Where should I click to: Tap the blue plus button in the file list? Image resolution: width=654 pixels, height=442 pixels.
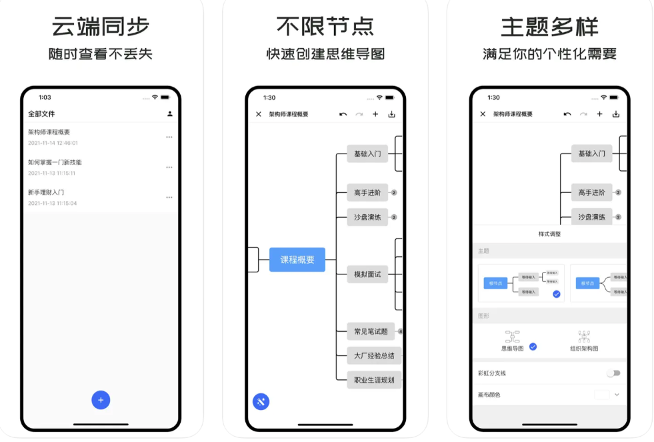point(101,400)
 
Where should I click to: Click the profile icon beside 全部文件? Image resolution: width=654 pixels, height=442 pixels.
point(170,114)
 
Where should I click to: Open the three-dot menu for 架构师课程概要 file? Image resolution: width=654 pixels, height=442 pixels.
point(169,137)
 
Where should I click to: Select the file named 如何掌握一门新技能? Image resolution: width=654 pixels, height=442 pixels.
point(55,162)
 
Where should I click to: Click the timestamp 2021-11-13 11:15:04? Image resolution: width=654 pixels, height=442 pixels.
point(53,203)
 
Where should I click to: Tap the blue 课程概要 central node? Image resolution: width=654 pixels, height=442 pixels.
point(297,260)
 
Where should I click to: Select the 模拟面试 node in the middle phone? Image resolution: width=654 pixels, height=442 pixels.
point(367,274)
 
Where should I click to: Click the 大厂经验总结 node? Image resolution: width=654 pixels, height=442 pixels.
point(374,356)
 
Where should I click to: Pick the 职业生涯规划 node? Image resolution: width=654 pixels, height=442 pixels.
point(374,380)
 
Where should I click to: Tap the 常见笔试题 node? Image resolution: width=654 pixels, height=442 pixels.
point(371,331)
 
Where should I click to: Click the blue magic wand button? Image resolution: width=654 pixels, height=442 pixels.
point(261,401)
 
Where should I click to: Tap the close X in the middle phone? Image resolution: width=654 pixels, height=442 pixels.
point(259,114)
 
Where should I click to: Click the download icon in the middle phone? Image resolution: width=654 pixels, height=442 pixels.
point(392,114)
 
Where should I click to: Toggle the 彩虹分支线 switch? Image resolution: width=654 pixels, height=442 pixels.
point(613,373)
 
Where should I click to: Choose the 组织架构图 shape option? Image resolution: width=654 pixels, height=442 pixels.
point(584,341)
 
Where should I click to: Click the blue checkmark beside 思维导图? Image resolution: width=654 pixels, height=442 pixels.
point(533,347)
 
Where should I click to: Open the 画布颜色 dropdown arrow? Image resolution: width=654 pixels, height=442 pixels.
point(617,395)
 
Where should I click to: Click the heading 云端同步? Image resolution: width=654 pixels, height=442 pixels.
point(101,27)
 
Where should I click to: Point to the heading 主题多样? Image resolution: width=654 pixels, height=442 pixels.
point(550,27)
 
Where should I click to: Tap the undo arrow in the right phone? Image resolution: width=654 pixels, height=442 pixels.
point(567,114)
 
